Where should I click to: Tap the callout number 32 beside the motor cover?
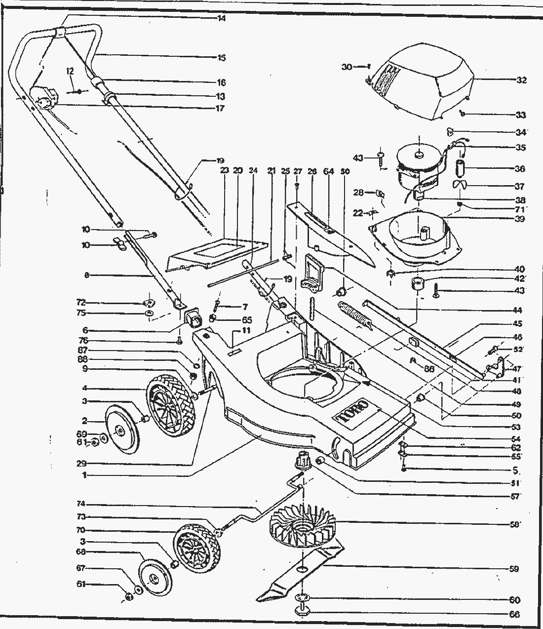(x=521, y=80)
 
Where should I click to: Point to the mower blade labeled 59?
(x=301, y=568)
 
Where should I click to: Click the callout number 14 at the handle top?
(x=221, y=18)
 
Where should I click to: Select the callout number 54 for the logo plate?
(x=516, y=438)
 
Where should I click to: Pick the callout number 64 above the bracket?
(x=329, y=171)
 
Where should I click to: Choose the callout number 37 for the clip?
(x=519, y=187)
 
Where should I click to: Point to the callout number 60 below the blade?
(x=514, y=600)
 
